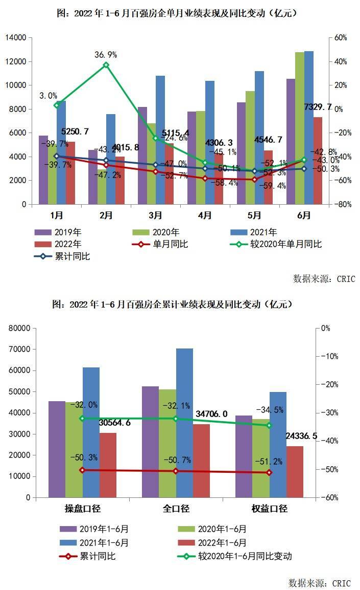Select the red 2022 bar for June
318,160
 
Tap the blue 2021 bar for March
160,140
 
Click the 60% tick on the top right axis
341,38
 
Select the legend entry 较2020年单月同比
286,244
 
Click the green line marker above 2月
106,65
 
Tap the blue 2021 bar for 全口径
185,423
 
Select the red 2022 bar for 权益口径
295,471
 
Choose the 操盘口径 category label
82,509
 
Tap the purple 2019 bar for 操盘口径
57,449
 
